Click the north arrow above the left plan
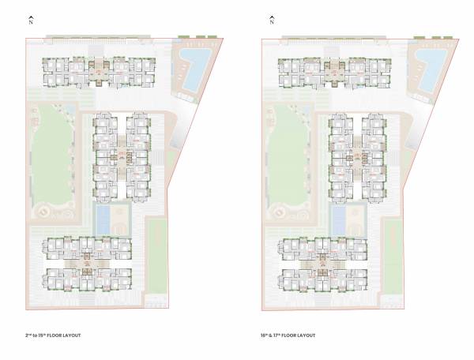pyautogui.click(x=30, y=19)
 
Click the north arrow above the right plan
pyautogui.click(x=270, y=19)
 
